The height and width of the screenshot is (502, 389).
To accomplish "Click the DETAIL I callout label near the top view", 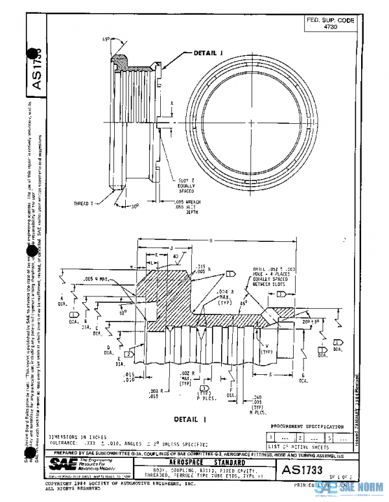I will [208, 53].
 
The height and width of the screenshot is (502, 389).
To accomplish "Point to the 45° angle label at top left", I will [105, 38].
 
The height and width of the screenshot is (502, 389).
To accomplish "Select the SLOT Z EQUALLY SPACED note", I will [186, 186].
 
